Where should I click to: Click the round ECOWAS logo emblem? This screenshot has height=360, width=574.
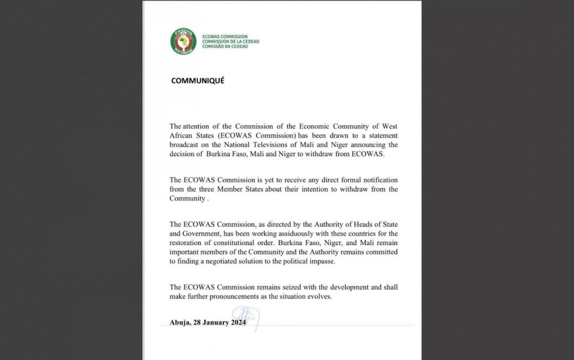183,41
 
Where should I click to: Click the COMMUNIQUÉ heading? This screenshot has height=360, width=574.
197,81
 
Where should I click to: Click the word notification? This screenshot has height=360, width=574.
375,180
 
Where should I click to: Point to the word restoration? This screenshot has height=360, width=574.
189,243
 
